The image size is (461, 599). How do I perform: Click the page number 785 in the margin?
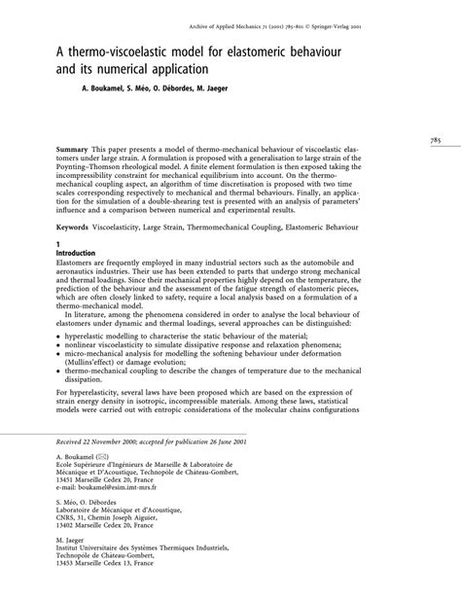435,140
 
